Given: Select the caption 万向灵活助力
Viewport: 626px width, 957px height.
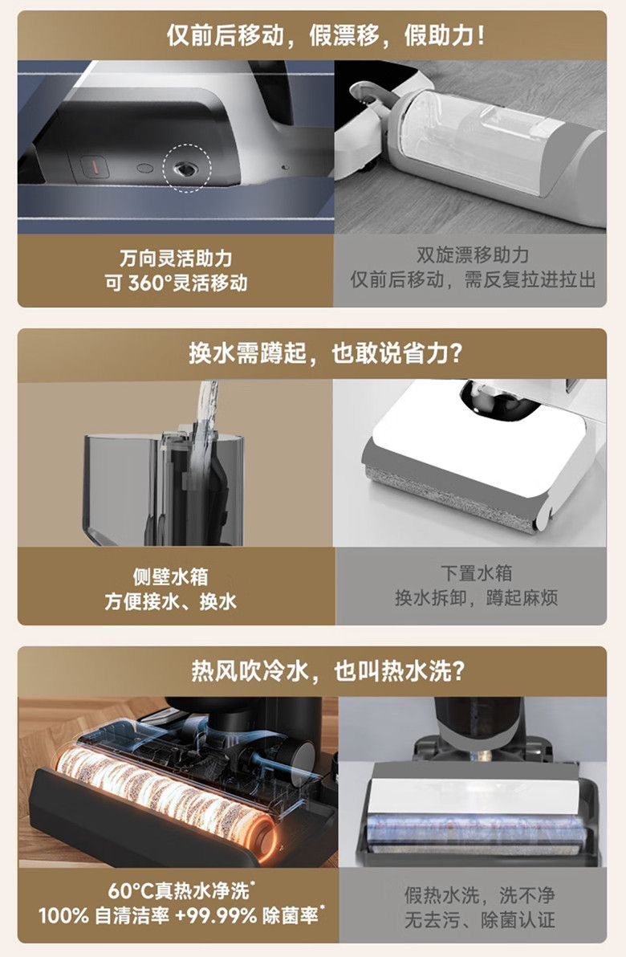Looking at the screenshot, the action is pyautogui.click(x=176, y=259).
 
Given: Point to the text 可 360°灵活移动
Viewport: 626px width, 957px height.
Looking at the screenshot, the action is pyautogui.click(x=176, y=283).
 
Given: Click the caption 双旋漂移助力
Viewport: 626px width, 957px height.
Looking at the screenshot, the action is pyautogui.click(x=472, y=255).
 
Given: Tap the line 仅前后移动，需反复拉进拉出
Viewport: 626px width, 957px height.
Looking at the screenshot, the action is pyautogui.click(x=472, y=279).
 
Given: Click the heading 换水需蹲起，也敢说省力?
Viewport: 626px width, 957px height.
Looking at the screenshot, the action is pyautogui.click(x=326, y=353).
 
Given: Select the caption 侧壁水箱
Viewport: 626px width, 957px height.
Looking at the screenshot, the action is pyautogui.click(x=170, y=576).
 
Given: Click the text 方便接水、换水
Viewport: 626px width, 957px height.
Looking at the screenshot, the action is pyautogui.click(x=170, y=601).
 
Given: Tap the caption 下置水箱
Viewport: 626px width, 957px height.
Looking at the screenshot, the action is pyautogui.click(x=476, y=573).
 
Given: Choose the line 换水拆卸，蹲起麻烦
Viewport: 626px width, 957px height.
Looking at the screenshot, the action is pyautogui.click(x=476, y=597).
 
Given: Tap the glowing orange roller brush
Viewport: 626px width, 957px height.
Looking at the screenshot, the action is pyautogui.click(x=164, y=796).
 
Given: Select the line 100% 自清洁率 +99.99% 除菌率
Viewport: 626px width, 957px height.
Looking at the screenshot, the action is pyautogui.click(x=181, y=915).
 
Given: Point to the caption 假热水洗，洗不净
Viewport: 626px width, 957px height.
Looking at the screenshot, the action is pyautogui.click(x=479, y=895).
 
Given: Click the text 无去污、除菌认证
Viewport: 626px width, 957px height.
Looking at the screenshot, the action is pyautogui.click(x=479, y=920).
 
